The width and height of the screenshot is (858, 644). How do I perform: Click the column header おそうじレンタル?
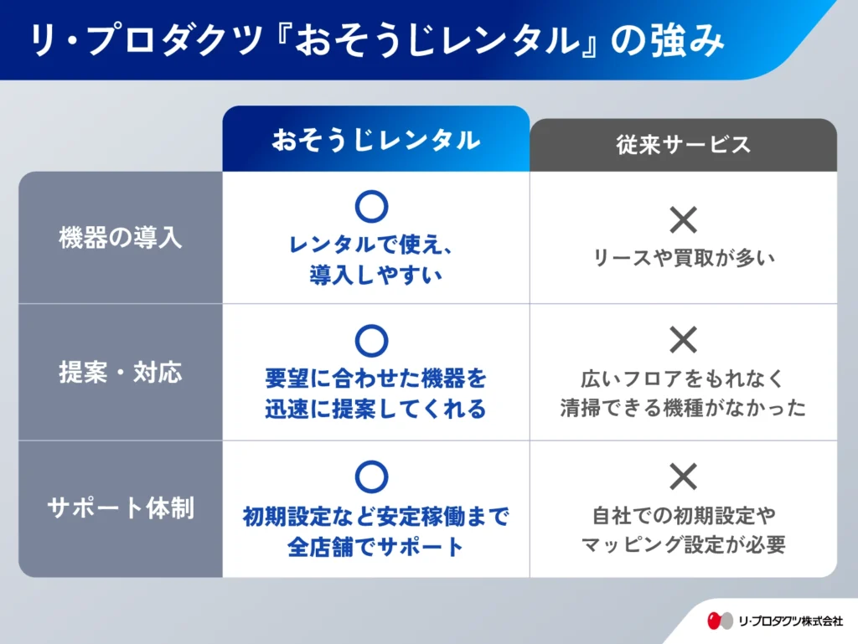coord(376,141)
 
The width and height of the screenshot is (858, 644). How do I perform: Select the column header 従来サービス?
coord(683,145)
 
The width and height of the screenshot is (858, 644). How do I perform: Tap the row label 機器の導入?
coord(121,238)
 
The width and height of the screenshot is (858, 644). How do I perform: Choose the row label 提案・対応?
coord(121,373)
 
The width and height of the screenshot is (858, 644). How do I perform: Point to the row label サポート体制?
coord(121,507)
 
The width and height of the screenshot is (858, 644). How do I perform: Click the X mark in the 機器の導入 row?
coord(684,219)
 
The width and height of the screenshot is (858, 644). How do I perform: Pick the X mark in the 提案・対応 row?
coord(684,339)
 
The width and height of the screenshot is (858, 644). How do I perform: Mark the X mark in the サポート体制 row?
coord(684,477)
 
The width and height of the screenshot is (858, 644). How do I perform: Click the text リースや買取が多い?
coord(684,258)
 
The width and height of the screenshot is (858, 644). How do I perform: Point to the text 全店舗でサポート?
coord(375,547)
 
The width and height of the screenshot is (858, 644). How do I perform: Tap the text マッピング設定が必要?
coord(684,544)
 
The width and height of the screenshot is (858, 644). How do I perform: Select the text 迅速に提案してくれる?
coord(375,409)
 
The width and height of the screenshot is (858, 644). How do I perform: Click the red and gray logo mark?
coord(720,621)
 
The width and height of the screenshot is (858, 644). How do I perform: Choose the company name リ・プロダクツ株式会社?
coord(791,621)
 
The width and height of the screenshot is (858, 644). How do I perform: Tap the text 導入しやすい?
coord(375,275)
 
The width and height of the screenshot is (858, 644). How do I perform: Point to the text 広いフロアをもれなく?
coord(683,379)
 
